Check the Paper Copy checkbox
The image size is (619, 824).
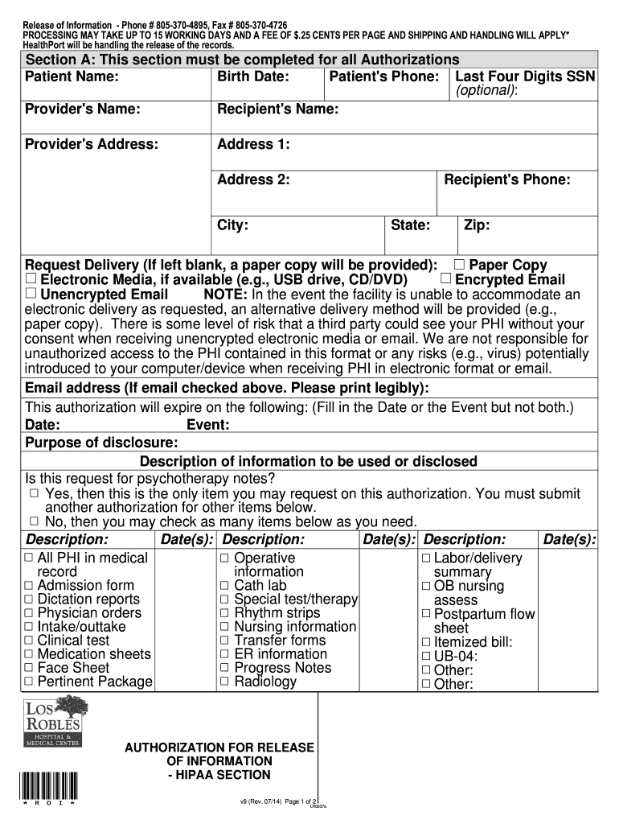tap(460, 265)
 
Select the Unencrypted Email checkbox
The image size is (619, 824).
tap(31, 294)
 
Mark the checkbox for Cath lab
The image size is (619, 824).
tap(225, 586)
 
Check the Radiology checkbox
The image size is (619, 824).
tap(225, 682)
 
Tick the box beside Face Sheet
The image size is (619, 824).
tap(29, 668)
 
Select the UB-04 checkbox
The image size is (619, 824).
tap(426, 657)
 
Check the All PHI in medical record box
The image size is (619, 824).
tap(29, 558)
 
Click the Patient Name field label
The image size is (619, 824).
tap(72, 77)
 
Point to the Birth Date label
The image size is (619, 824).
tap(253, 77)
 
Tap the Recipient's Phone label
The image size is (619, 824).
tap(506, 179)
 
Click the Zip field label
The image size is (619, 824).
tap(477, 225)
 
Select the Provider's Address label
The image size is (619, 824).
tap(92, 144)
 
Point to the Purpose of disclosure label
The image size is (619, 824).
tap(102, 443)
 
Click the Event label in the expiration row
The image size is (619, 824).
tap(208, 425)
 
